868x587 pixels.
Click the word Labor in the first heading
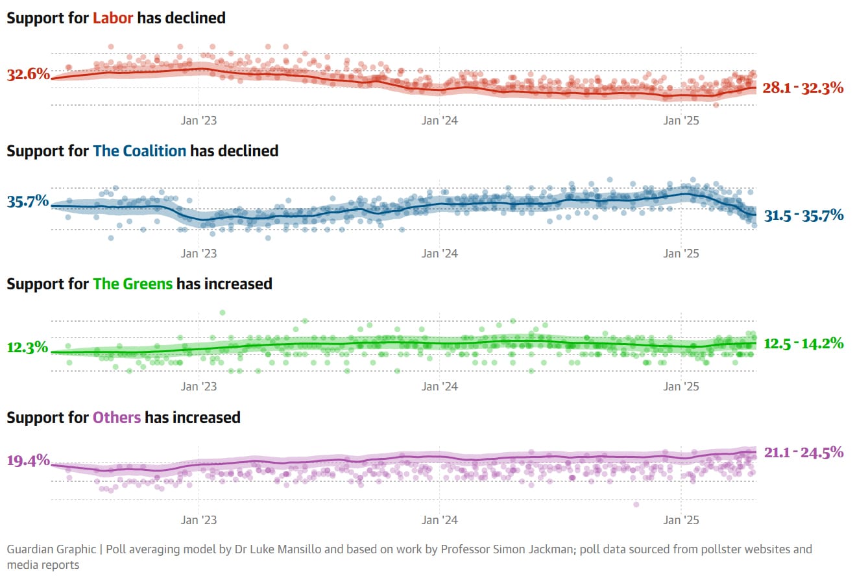pos(112,18)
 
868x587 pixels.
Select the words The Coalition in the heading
pos(139,151)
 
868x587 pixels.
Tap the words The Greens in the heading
pos(132,284)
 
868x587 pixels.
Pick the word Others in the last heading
pos(117,417)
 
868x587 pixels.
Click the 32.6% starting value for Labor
pos(28,74)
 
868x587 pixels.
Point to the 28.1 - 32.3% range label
pos(803,88)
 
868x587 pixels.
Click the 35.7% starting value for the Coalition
pos(28,201)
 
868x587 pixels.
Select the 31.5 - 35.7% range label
pos(803,215)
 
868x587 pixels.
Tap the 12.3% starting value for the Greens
pos(28,347)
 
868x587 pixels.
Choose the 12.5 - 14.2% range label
pos(803,343)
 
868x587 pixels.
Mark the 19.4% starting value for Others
pos(28,461)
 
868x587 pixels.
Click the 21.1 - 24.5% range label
pos(803,452)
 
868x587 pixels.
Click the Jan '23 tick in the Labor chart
pos(199,121)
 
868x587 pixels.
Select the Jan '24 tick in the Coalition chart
pos(440,254)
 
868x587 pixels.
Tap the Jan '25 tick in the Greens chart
pos(681,387)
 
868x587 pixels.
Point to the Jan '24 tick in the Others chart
pos(440,520)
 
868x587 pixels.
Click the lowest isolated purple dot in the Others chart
pos(636,504)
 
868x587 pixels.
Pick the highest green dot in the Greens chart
pos(223,313)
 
